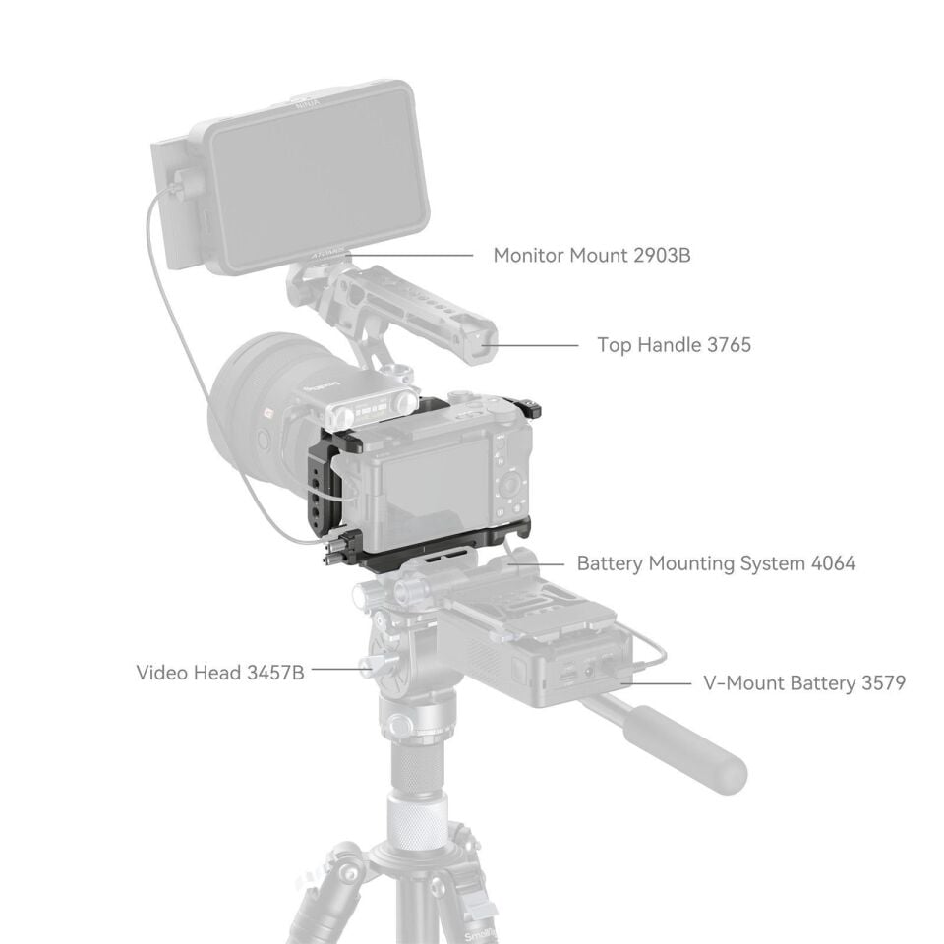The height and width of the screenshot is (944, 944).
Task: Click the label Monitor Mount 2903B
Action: click(591, 256)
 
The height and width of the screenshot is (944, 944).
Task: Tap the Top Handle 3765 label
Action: click(674, 345)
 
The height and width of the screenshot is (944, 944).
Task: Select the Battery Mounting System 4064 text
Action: click(716, 563)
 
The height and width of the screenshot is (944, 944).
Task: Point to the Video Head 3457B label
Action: click(220, 673)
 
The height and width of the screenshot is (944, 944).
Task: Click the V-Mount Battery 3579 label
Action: click(803, 682)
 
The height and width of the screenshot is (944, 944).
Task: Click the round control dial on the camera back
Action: click(510, 484)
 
